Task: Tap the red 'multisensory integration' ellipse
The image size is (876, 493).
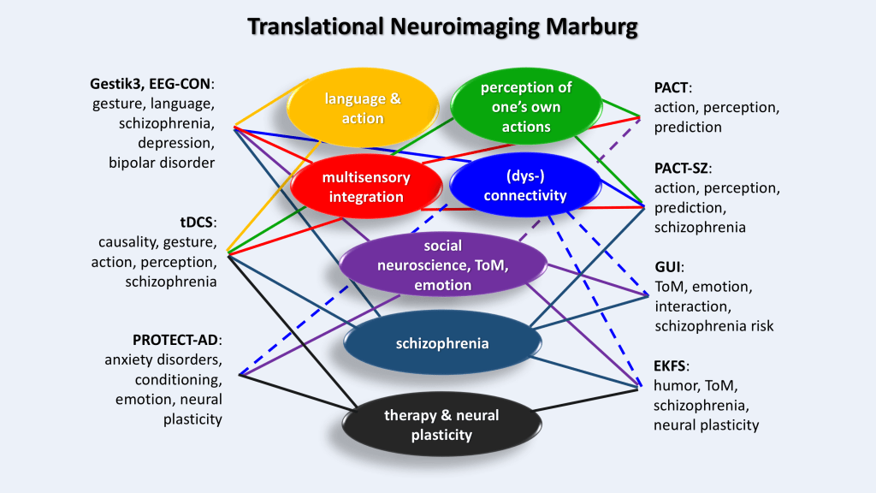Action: tap(366, 187)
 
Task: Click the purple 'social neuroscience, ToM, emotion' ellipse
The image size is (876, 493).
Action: tap(443, 264)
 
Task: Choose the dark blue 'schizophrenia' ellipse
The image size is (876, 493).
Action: tap(442, 343)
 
